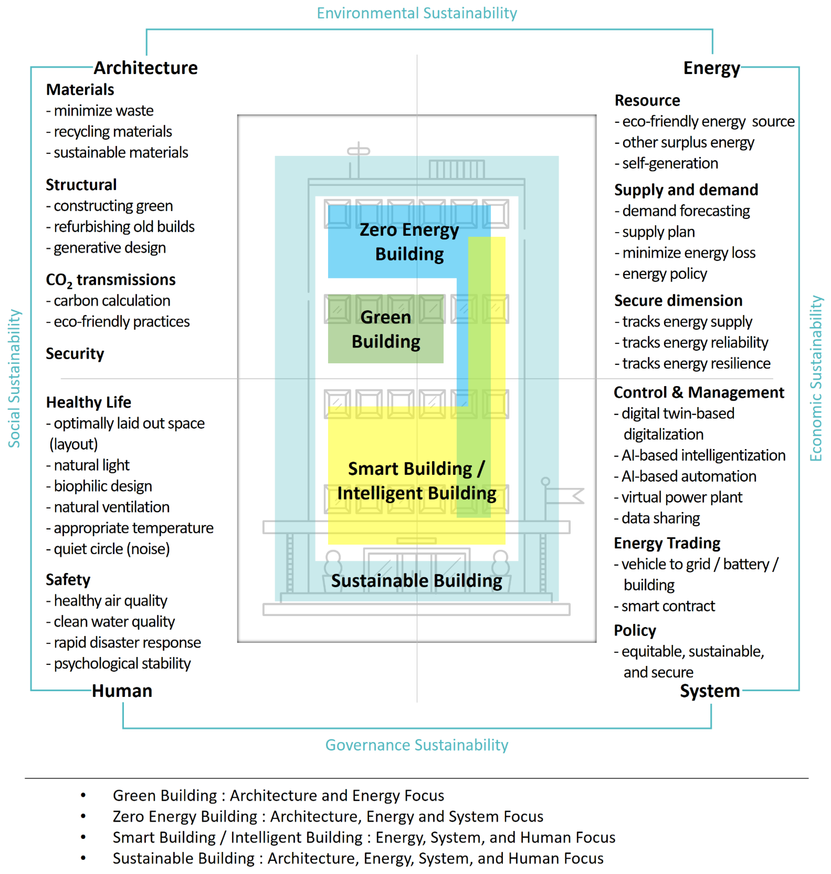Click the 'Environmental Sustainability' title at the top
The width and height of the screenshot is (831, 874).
[x=416, y=13]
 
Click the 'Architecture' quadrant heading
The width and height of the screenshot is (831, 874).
[x=146, y=68]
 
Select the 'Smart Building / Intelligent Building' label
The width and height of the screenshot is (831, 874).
[x=416, y=481]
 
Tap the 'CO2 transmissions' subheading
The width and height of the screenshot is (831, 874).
[x=111, y=280]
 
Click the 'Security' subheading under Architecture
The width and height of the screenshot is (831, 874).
[x=75, y=354]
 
